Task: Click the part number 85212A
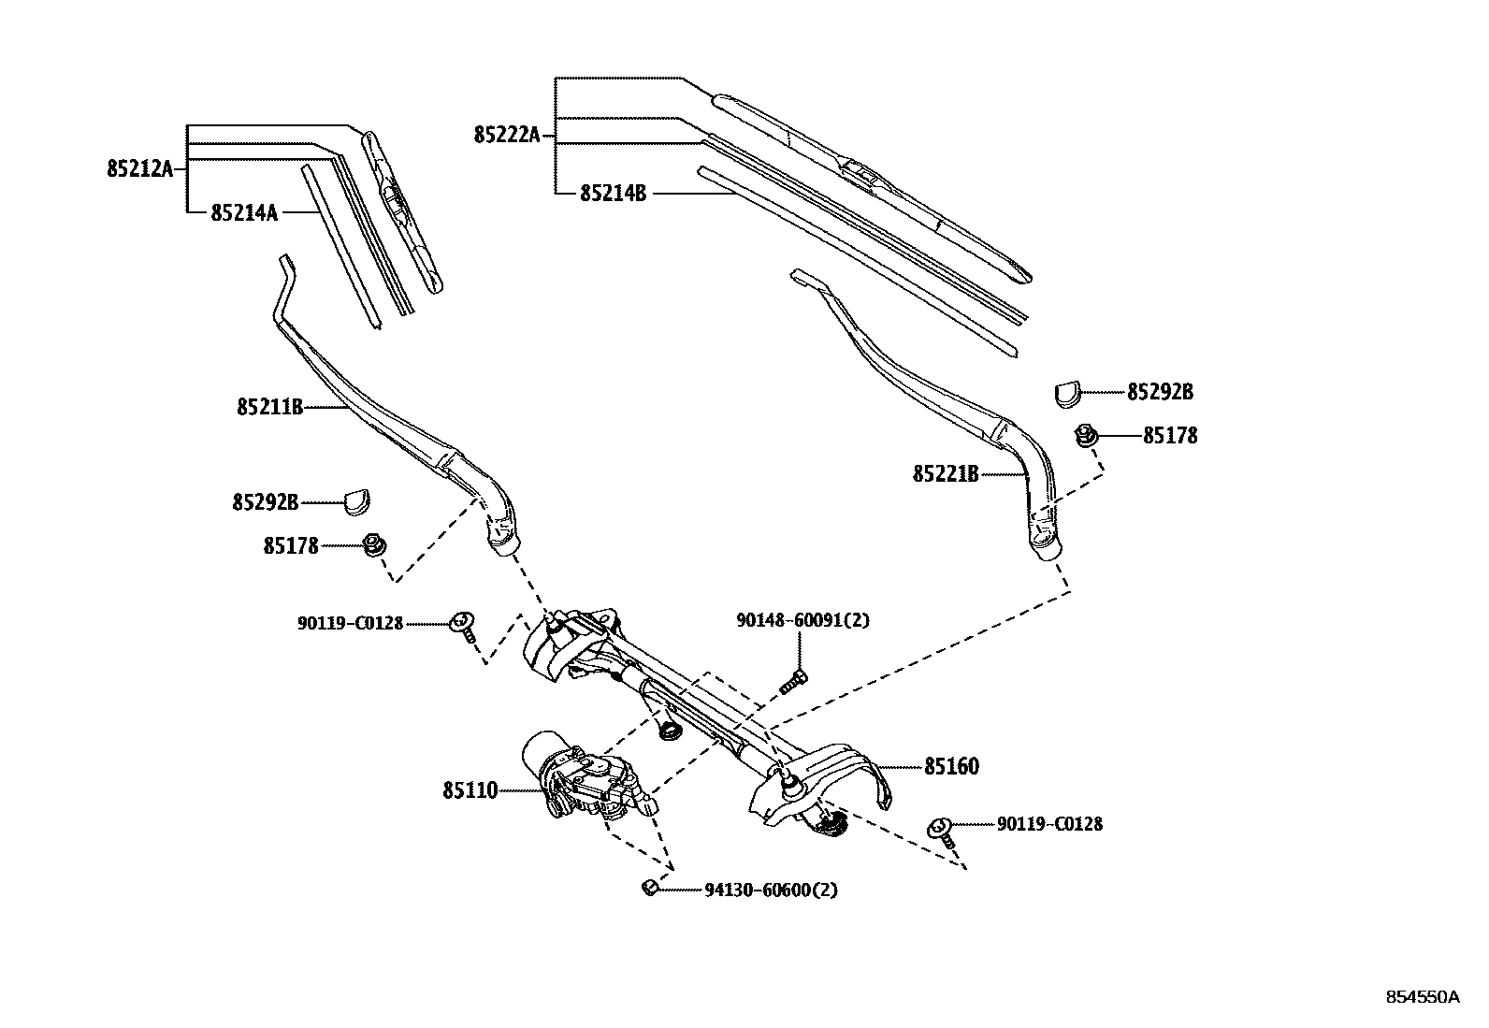click(139, 169)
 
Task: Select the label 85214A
click(244, 213)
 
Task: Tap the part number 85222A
click(507, 136)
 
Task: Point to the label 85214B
click(613, 194)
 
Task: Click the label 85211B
click(269, 408)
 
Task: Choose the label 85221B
click(946, 475)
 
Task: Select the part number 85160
click(951, 767)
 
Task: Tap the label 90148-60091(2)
click(802, 620)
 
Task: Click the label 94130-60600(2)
click(771, 890)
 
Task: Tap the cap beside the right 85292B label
click(1067, 392)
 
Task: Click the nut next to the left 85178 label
click(373, 545)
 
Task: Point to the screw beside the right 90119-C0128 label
click(942, 830)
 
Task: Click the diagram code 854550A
click(1422, 997)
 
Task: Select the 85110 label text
click(470, 791)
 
